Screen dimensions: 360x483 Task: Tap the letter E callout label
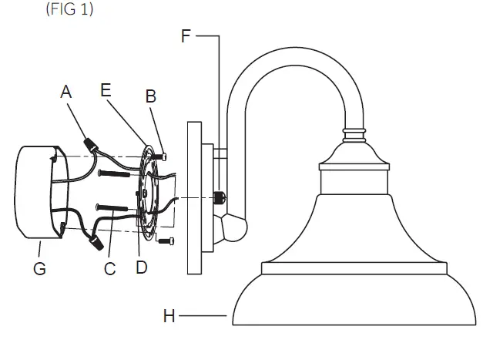coord(106,90)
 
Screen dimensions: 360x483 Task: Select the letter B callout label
coord(150,97)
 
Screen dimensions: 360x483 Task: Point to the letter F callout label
coord(185,35)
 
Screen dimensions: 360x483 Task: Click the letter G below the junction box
coord(39,268)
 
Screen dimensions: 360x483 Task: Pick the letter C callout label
coord(109,268)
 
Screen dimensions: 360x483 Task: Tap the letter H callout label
coord(169,315)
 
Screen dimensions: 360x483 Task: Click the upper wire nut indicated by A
coord(92,143)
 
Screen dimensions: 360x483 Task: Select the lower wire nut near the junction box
coord(97,244)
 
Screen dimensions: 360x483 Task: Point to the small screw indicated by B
coord(160,156)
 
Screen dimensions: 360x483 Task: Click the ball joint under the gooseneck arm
coord(236,227)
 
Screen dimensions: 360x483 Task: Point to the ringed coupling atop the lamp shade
coord(354,137)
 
